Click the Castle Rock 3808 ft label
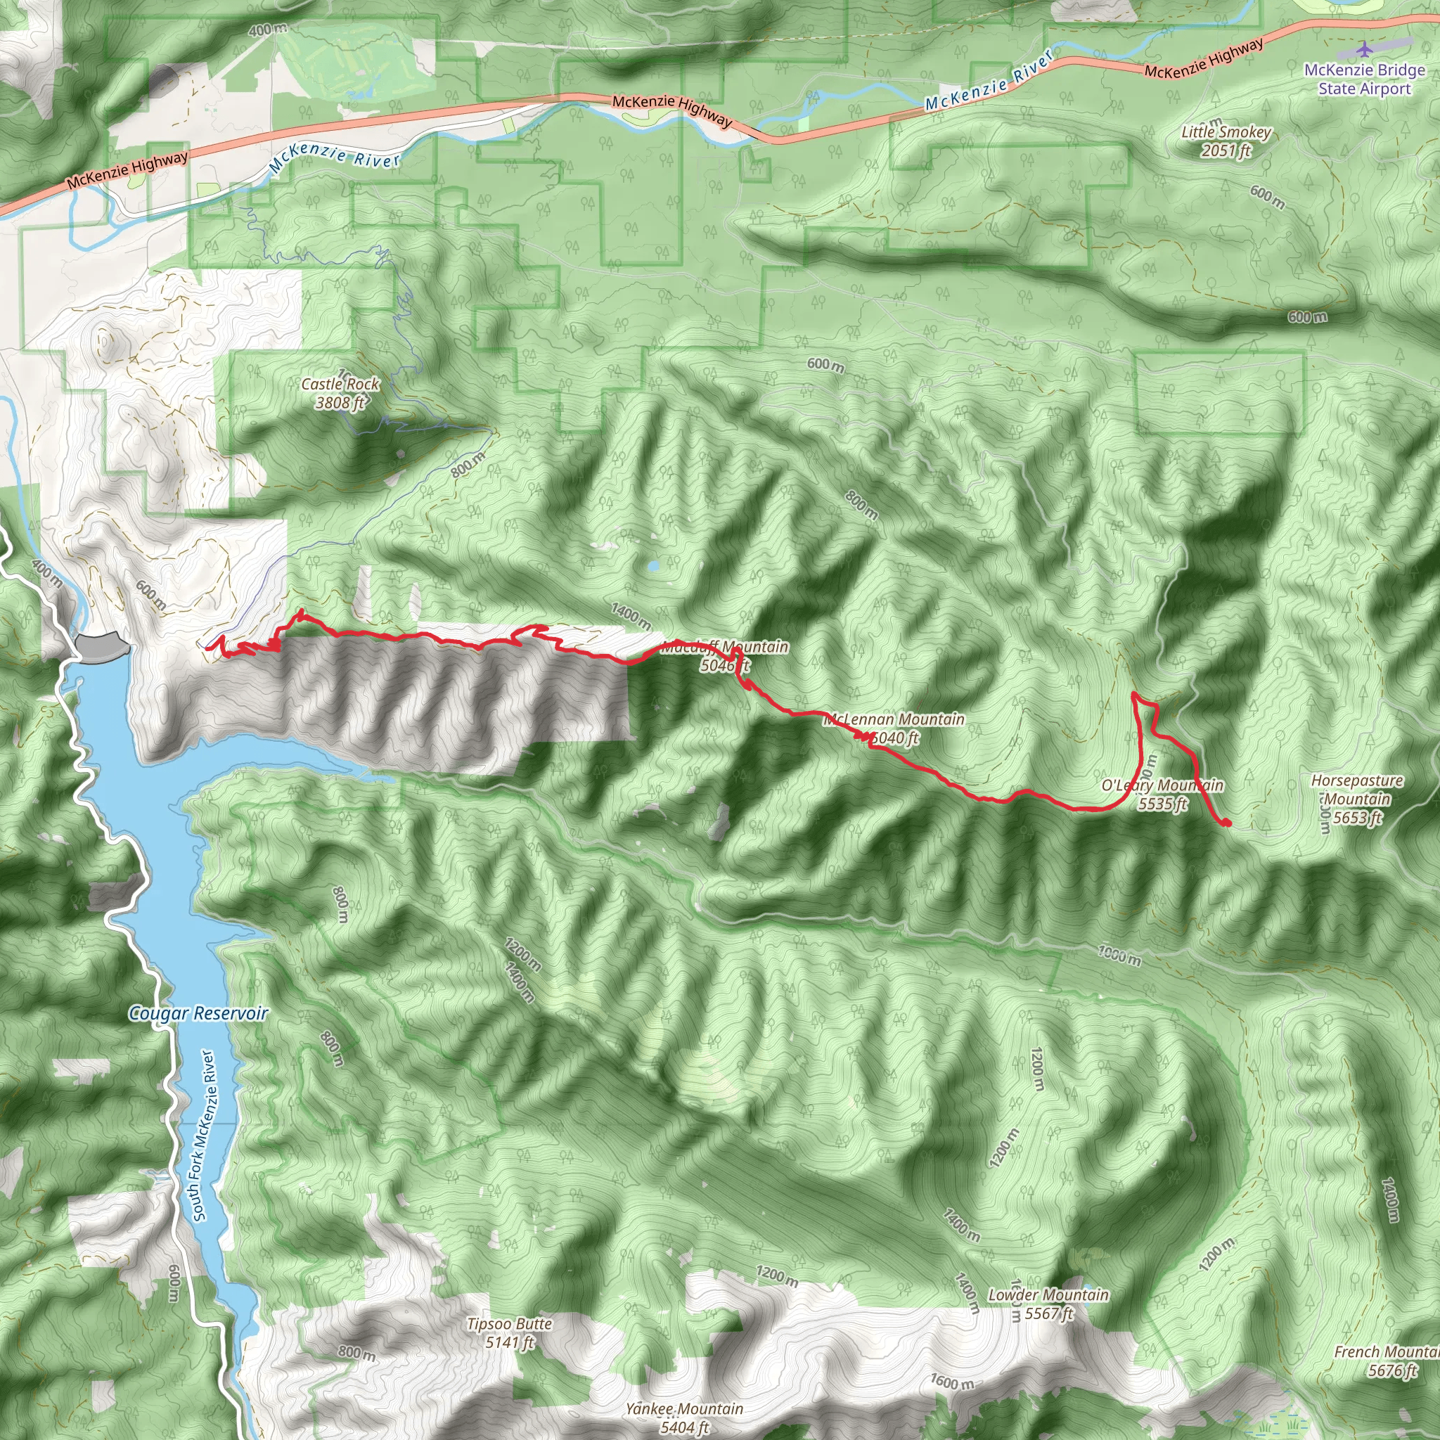click(340, 393)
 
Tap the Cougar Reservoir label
click(198, 1013)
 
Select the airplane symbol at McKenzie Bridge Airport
click(1364, 49)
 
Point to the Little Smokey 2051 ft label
click(1226, 141)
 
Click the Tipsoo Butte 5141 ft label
click(510, 1332)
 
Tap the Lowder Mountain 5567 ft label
click(1048, 1304)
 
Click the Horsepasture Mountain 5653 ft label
click(1357, 799)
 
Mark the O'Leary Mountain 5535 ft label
click(1162, 794)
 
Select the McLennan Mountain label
click(894, 719)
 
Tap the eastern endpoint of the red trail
click(1226, 823)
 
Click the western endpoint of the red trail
click(207, 647)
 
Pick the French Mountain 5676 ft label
click(1387, 1361)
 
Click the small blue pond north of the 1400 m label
click(653, 566)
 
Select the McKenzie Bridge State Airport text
click(1364, 79)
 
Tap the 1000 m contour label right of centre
click(1119, 955)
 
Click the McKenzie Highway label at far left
click(127, 170)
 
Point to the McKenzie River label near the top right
click(990, 79)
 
